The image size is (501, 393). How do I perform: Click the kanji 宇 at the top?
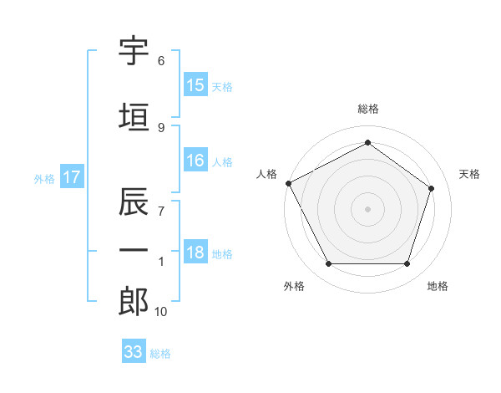click(x=134, y=51)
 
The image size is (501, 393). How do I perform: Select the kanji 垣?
click(x=134, y=117)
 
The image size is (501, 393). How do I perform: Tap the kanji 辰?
click(x=134, y=201)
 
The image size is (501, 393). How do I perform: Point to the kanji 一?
click(x=134, y=250)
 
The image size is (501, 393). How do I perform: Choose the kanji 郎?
click(x=134, y=301)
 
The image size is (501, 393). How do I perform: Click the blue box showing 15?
click(x=196, y=84)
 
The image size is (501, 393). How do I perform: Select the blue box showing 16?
click(x=196, y=160)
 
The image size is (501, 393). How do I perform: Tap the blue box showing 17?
click(x=72, y=176)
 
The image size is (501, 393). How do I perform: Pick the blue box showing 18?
click(x=196, y=251)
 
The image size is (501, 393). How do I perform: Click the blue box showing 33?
click(x=134, y=350)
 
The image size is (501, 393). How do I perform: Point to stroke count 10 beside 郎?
click(x=160, y=312)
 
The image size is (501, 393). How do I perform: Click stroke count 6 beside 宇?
click(x=161, y=61)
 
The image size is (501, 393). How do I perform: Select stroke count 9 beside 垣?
click(x=161, y=128)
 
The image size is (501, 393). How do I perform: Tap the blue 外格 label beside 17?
click(x=44, y=179)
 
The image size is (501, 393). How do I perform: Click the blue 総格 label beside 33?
click(x=160, y=354)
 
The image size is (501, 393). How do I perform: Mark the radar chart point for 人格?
click(x=289, y=183)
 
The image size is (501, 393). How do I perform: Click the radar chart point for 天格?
click(x=431, y=188)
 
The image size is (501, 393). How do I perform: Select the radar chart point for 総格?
click(x=367, y=142)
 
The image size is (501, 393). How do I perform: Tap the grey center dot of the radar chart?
click(x=367, y=209)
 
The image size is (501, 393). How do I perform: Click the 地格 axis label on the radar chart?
click(x=438, y=286)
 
